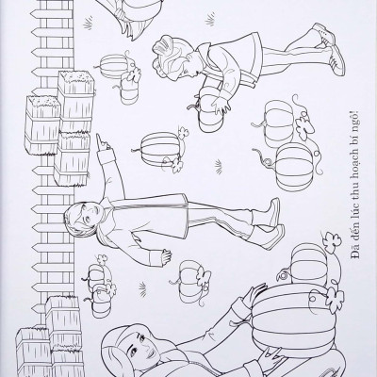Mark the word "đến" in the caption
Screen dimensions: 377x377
pyautogui.click(x=355, y=235)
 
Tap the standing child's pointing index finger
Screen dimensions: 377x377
pyautogui.click(x=100, y=139)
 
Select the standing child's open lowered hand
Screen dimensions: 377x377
pyautogui.click(x=165, y=255)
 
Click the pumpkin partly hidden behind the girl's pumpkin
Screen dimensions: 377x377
pyautogui.click(x=309, y=262)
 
